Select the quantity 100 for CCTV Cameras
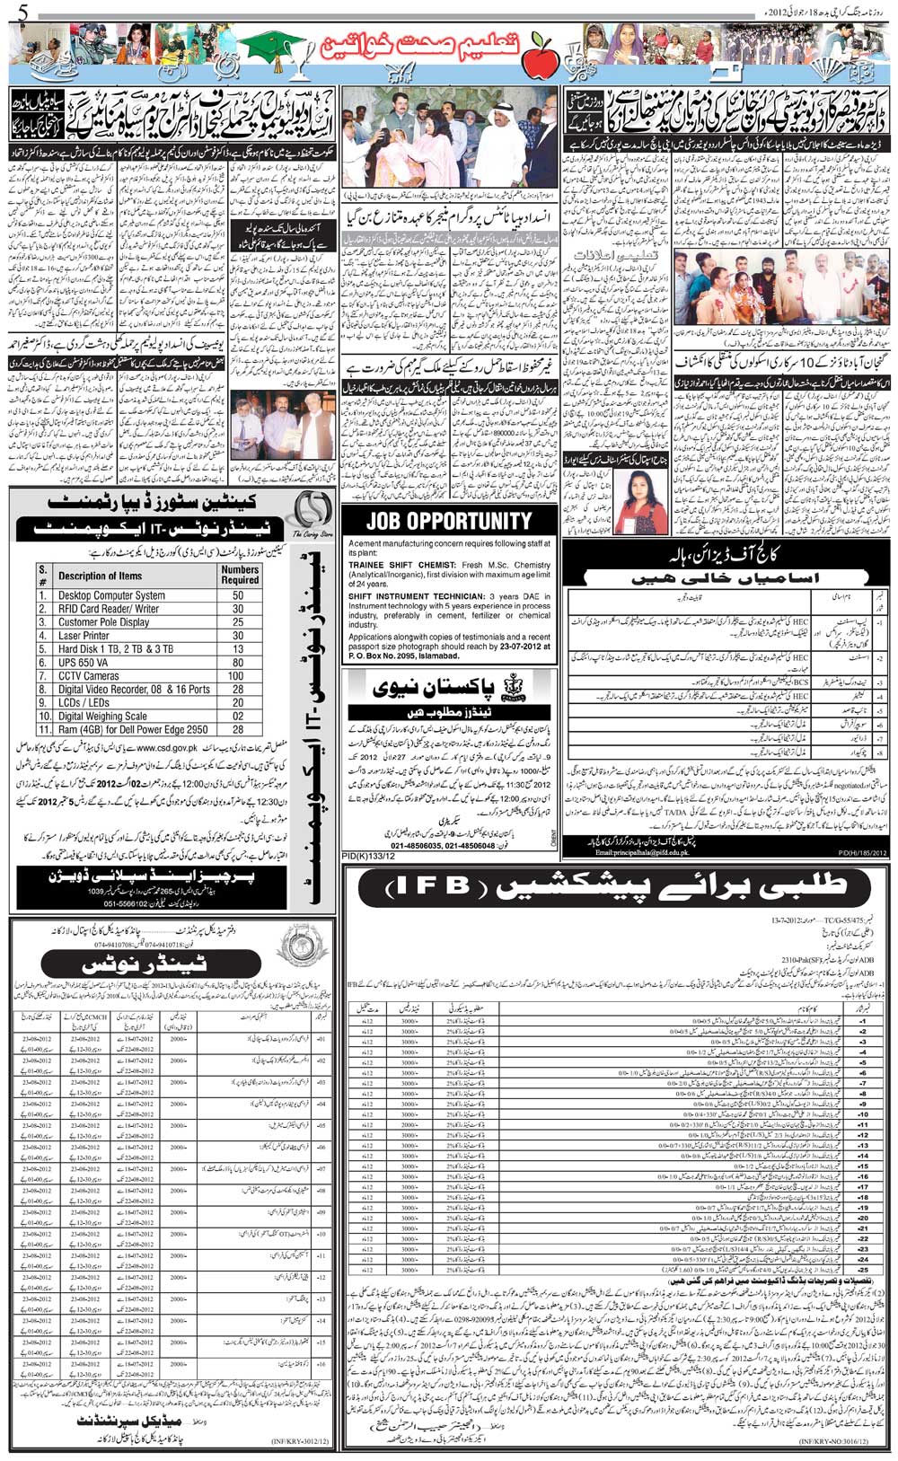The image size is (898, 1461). pos(237,675)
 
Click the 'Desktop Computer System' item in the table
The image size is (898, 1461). pos(111,595)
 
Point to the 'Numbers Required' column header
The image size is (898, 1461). pos(239,575)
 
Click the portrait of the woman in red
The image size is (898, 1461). pos(646,499)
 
